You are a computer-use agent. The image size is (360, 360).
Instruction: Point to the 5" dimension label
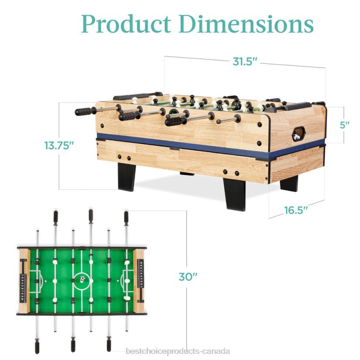point(345,125)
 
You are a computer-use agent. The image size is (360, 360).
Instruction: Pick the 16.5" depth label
point(296,210)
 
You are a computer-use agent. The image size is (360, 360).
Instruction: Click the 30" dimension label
point(188,277)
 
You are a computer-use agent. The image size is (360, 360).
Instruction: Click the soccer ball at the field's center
point(82,277)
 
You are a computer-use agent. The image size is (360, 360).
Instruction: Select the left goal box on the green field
point(37,278)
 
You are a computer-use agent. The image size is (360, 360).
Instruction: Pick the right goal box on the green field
point(127,277)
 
